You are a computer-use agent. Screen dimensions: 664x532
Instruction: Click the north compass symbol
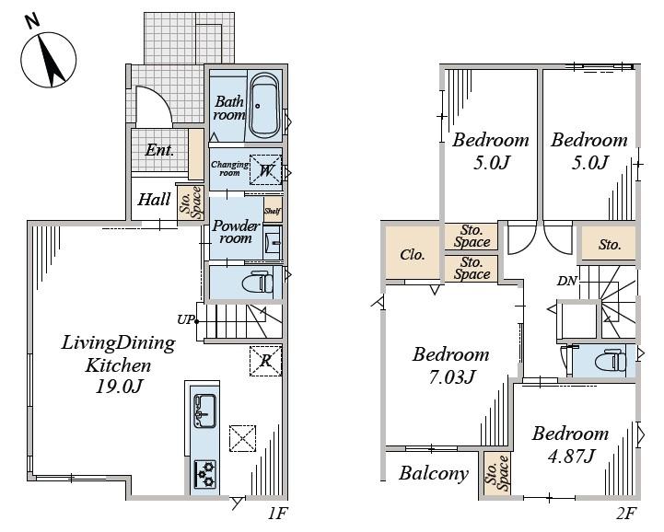tap(49, 59)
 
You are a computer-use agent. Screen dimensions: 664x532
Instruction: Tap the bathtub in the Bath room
tap(264, 106)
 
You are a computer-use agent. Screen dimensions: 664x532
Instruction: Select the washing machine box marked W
tap(265, 169)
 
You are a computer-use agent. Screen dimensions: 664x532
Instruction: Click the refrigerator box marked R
tap(265, 361)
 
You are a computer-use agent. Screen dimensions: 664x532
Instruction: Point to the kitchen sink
tap(204, 411)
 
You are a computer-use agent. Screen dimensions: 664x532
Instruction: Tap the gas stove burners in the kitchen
tap(205, 474)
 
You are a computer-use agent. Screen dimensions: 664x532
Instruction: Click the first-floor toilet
tap(256, 282)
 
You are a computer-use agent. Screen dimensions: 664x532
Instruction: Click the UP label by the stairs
tap(185, 319)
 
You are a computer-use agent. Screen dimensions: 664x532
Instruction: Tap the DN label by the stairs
tap(566, 281)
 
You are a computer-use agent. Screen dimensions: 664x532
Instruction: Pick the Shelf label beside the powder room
tap(273, 211)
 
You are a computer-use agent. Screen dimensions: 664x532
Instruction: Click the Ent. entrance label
tap(159, 150)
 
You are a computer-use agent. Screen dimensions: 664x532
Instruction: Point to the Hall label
tap(154, 200)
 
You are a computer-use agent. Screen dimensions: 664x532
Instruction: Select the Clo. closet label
tap(412, 255)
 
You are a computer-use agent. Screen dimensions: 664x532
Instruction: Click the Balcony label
tap(433, 474)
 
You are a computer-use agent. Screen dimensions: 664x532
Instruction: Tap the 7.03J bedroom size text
tap(452, 376)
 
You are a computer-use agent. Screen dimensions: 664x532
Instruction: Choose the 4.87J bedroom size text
tap(571, 456)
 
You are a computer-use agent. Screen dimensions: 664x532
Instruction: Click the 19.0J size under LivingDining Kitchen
tap(118, 386)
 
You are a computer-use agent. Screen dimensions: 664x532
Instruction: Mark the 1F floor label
tap(277, 514)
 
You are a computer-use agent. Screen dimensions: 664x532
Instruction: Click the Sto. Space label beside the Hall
tap(191, 202)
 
